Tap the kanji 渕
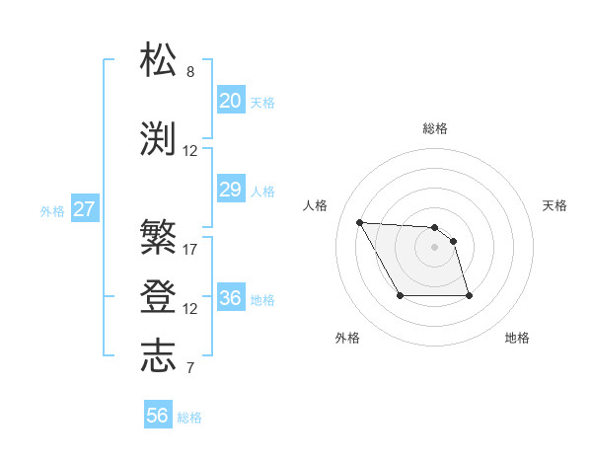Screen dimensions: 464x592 pos(159,139)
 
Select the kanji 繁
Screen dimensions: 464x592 pos(159,237)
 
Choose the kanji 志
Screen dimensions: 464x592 pos(159,355)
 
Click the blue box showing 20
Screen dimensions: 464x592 pos(230,101)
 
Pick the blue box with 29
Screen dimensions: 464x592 pos(230,190)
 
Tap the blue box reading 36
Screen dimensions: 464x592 pos(230,298)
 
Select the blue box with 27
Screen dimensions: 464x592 pos(84,209)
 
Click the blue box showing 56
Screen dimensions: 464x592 pos(158,416)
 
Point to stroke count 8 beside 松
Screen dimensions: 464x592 pos(190,72)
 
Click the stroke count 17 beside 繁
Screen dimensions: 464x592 pos(190,249)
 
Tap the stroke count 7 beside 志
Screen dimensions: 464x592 pos(190,368)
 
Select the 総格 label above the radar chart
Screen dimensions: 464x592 pos(435,128)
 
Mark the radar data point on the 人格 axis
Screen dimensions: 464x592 pos(359,222)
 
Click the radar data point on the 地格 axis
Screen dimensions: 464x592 pos(469,296)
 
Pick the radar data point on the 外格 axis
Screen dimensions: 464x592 pos(400,295)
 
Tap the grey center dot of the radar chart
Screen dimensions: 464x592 pos(434,247)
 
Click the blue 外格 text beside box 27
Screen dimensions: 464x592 pos(52,210)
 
